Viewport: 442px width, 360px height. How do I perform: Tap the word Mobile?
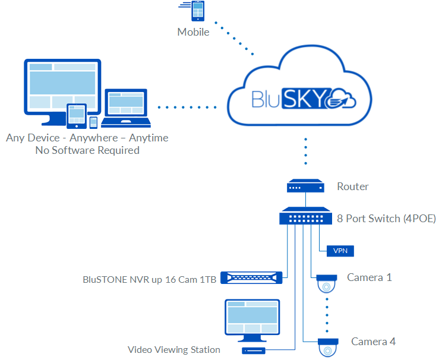pyautogui.click(x=193, y=32)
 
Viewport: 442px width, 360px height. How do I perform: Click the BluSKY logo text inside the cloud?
pyautogui.click(x=289, y=98)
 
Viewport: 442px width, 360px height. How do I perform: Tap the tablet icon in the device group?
pyautogui.click(x=76, y=115)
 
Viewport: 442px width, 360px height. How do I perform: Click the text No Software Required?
pyautogui.click(x=87, y=150)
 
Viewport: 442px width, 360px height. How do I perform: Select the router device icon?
pyautogui.click(x=305, y=187)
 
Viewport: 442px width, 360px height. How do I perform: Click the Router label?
pyautogui.click(x=353, y=187)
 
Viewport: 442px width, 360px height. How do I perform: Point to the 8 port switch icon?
pyautogui.click(x=306, y=216)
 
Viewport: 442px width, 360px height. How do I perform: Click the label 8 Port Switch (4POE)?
pyautogui.click(x=387, y=219)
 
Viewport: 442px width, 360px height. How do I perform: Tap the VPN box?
pyautogui.click(x=340, y=251)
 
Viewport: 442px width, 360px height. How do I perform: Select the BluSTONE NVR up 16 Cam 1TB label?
pyautogui.click(x=150, y=278)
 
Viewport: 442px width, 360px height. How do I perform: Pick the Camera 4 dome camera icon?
pyautogui.click(x=328, y=348)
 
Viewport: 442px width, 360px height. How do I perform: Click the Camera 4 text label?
pyautogui.click(x=373, y=342)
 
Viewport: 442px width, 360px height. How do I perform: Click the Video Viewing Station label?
pyautogui.click(x=174, y=350)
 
